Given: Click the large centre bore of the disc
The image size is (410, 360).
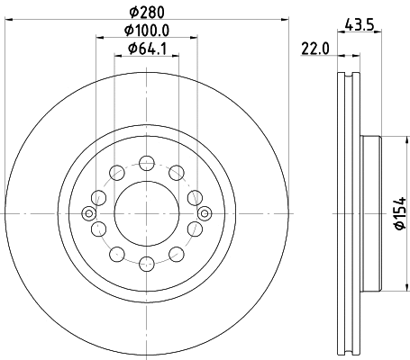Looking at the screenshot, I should click(x=145, y=213).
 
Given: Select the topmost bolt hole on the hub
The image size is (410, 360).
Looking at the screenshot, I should click(x=145, y=162).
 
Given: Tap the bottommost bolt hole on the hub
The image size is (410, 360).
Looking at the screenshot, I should click(x=145, y=264).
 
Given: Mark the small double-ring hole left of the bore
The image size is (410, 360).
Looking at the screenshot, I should click(x=88, y=213).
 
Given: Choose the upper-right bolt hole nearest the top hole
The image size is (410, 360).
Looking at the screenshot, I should click(x=175, y=170).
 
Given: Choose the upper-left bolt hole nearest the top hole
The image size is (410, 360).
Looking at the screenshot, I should click(x=115, y=170).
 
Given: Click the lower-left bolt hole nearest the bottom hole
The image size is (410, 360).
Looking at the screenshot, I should click(x=115, y=256).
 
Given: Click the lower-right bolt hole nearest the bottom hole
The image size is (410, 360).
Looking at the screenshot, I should click(x=175, y=256).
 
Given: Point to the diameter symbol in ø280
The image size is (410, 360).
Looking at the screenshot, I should click(x=132, y=11).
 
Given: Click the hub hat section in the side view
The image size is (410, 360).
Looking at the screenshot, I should click(x=370, y=213).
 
